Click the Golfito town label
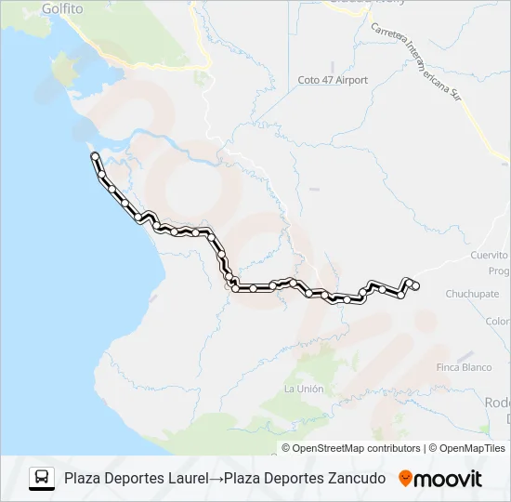coord(62,9)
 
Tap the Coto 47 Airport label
coord(333,81)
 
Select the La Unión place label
coord(304,389)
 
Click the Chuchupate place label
coord(471,294)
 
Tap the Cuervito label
coord(489,256)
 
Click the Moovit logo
coord(440,479)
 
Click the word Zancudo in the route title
coord(356,478)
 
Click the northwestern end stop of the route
coord(95,157)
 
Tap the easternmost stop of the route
coord(415,284)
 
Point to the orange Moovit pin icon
coord(405,479)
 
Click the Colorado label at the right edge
coord(497,322)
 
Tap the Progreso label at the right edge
coord(498,271)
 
